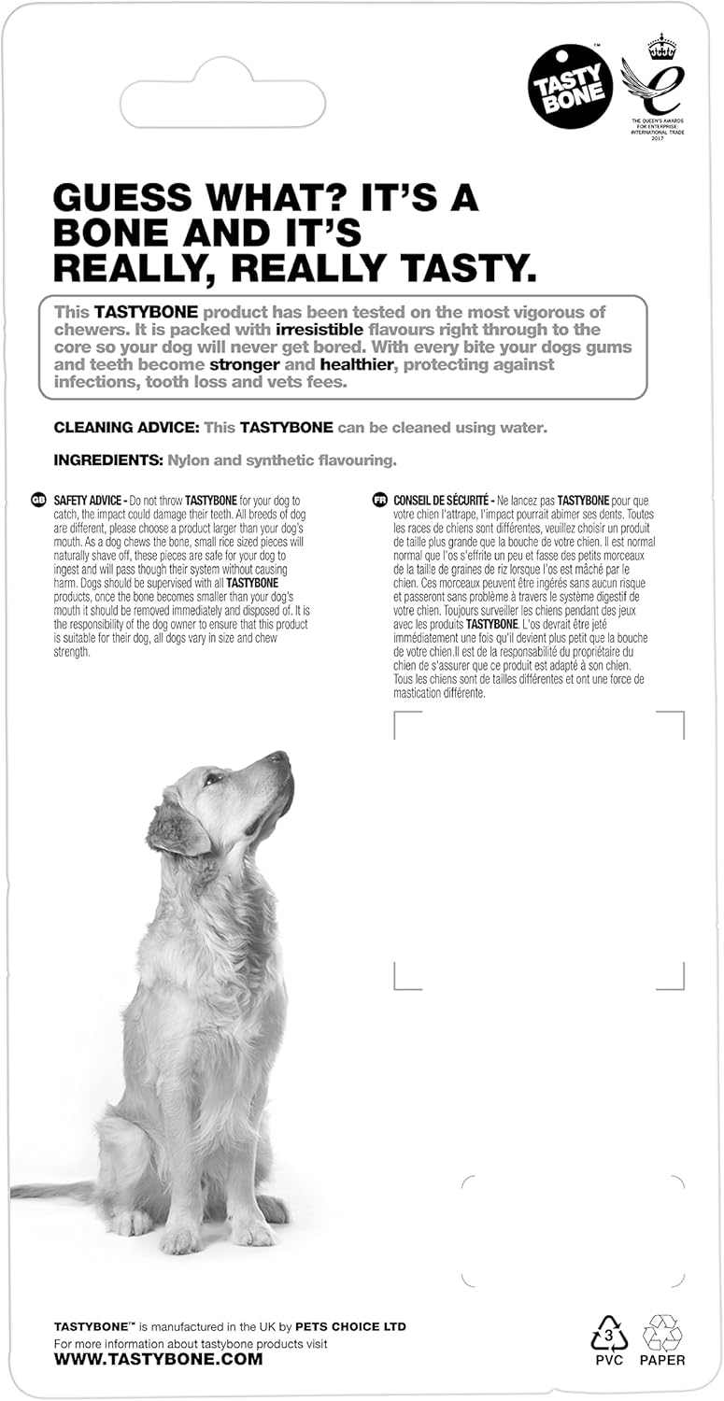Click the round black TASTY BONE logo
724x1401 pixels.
571,86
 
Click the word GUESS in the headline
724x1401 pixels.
123,198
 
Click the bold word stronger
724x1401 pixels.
245,364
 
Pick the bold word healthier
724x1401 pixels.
357,364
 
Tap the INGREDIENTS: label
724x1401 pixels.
108,460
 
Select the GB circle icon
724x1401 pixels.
39,501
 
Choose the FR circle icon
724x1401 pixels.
379,501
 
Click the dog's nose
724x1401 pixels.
281,757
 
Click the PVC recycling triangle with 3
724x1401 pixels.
609,1334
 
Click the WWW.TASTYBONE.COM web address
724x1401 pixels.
158,1360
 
